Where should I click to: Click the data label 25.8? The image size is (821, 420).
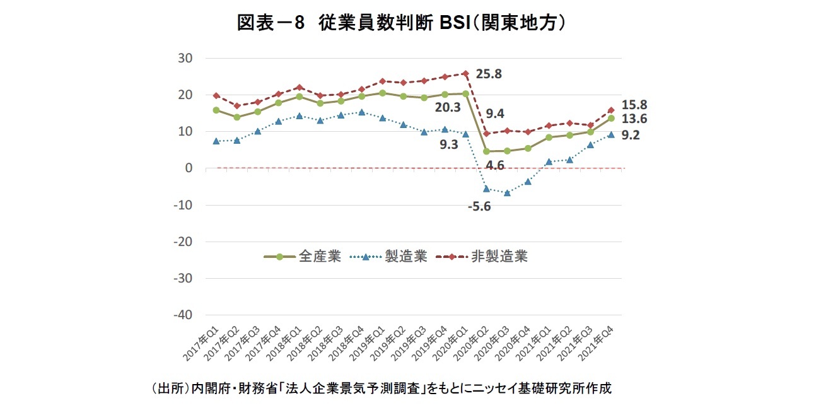(489, 74)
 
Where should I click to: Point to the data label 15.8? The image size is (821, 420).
(635, 105)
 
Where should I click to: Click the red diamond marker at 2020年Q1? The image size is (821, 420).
(465, 73)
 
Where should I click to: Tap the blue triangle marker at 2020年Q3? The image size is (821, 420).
(507, 193)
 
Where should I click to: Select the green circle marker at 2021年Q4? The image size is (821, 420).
(611, 119)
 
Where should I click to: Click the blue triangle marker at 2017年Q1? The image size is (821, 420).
(216, 141)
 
